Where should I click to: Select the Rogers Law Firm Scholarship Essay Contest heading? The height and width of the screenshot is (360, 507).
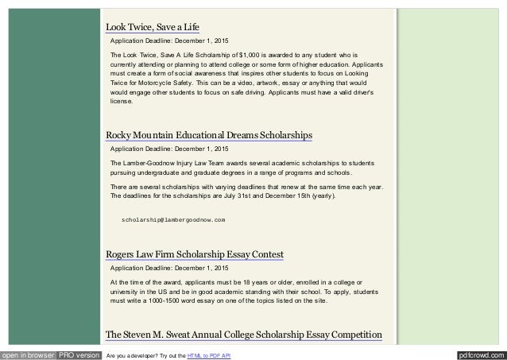click(x=195, y=254)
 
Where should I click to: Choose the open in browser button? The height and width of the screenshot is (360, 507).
click(x=27, y=353)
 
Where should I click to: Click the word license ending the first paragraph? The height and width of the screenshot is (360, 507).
click(x=122, y=101)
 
